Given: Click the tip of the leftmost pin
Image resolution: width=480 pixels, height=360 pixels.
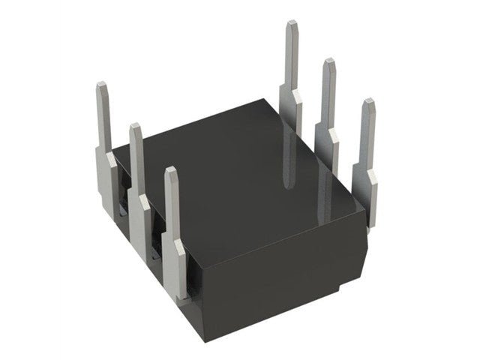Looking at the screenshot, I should click(103, 87).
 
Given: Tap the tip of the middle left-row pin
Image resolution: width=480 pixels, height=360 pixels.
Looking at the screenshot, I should click(136, 126).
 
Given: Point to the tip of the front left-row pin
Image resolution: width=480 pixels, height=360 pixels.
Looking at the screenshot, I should click(171, 170).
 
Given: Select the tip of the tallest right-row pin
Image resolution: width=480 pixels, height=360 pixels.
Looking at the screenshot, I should click(292, 24).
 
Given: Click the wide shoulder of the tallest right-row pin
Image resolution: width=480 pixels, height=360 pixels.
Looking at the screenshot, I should click(291, 101).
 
